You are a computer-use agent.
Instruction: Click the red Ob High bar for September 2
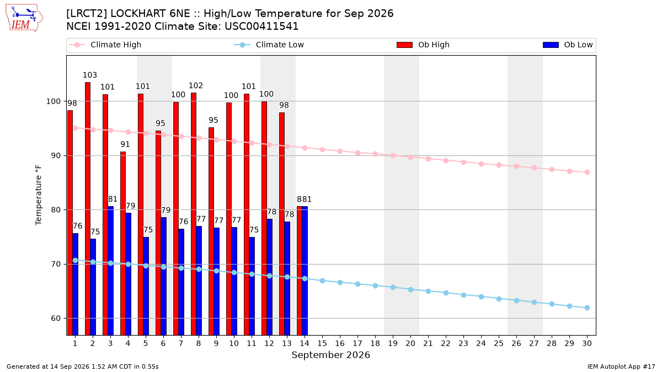(x=88, y=209)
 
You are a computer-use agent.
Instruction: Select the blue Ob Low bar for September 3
(x=110, y=271)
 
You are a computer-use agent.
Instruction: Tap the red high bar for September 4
(x=123, y=244)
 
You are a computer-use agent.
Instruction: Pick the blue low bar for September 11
(x=252, y=286)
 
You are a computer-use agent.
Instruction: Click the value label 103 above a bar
(x=90, y=75)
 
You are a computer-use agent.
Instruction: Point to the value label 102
(x=196, y=85)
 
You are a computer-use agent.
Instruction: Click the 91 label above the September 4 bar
(x=125, y=144)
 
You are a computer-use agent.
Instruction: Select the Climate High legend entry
(x=105, y=45)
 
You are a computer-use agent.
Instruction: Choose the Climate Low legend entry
(x=269, y=45)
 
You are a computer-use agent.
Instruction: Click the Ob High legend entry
(x=423, y=45)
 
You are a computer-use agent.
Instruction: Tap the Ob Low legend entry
(x=568, y=45)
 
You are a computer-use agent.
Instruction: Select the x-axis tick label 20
(x=410, y=343)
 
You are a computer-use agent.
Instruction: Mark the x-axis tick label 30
(x=587, y=343)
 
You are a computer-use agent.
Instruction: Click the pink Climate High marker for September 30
(x=587, y=172)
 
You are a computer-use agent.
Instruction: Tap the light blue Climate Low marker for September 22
(x=446, y=293)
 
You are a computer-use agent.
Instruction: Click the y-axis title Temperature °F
(x=39, y=195)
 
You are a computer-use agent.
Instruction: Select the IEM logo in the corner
(x=24, y=18)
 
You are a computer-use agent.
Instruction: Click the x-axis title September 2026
(x=330, y=355)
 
